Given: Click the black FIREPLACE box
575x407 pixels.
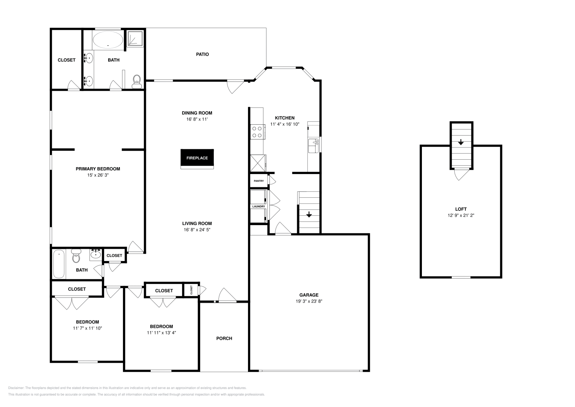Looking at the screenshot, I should coord(197,158).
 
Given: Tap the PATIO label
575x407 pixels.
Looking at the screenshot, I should coord(202,54).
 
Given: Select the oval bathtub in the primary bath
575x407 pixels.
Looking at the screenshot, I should coord(108,40).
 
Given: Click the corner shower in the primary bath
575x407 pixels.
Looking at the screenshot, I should coord(135,38).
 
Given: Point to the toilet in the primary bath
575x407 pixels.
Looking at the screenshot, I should coord(137,81).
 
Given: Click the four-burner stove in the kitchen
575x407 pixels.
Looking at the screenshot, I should coord(257,132).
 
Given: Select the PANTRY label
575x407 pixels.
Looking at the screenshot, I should coord(259,181).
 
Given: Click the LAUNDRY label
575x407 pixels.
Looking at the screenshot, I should coord(258,206).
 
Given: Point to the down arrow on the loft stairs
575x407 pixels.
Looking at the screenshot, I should coord(461,142).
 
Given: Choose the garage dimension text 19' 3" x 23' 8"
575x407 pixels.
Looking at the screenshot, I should coord(309,302).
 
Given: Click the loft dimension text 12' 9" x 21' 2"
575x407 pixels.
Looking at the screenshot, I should coord(461,215).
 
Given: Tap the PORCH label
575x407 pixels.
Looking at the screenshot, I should coord(224,338).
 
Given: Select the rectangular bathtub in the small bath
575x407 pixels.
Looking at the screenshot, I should coord(59,264).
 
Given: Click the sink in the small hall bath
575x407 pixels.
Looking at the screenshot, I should coord(96,255).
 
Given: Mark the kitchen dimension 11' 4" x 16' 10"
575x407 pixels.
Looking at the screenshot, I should coord(285,124).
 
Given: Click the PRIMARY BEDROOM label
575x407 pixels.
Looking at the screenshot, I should coord(98,169).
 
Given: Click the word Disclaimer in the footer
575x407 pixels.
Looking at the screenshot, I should coord(15,388).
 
